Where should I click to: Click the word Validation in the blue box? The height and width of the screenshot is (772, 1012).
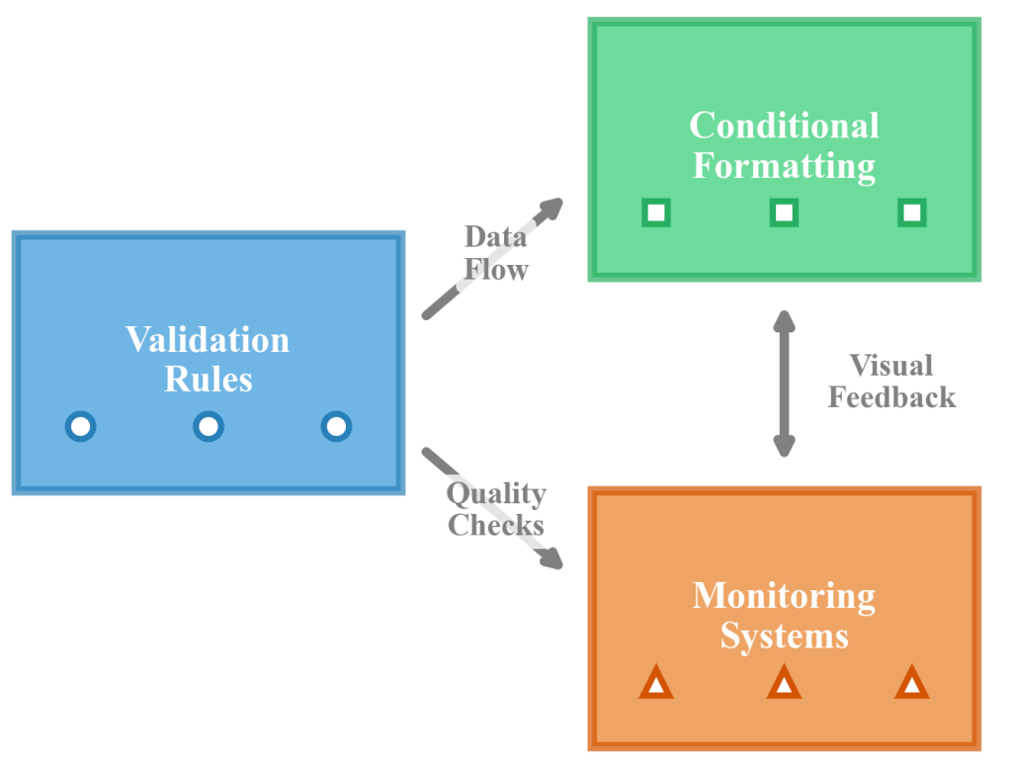208,340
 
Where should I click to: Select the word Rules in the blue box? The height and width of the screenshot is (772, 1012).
208,380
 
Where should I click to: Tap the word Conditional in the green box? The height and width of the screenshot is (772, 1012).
784,126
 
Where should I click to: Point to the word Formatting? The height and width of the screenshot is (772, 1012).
784,165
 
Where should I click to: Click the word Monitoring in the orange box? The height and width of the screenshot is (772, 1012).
784,596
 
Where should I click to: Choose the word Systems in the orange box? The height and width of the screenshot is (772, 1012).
784,636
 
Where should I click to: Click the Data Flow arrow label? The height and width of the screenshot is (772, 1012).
496,253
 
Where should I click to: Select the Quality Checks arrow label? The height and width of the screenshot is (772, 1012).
496,509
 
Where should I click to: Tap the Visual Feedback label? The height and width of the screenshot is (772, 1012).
891,382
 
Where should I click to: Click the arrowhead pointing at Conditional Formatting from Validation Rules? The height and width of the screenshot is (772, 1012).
551,207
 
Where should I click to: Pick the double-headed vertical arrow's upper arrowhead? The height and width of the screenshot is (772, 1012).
784,320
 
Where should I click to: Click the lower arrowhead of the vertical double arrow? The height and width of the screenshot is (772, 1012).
784,447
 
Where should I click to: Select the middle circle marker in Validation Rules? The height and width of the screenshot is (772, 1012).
208,427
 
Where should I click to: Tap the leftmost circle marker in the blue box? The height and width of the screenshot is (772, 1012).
80,427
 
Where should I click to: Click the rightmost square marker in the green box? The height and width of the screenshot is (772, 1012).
912,213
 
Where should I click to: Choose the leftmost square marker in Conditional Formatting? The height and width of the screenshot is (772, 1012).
655,213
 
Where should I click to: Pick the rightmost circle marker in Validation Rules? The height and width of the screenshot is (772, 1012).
336,427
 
